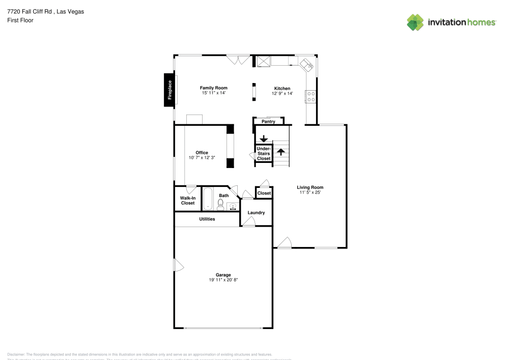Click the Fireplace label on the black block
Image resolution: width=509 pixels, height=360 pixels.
click(x=170, y=90)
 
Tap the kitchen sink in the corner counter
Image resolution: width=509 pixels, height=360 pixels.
click(x=307, y=64)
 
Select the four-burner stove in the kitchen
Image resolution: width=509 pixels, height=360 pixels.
click(x=311, y=96)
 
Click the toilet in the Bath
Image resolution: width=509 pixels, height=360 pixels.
click(x=220, y=204)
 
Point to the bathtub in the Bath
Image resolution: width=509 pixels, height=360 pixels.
click(x=208, y=199)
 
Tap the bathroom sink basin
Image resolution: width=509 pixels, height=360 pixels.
click(x=233, y=206)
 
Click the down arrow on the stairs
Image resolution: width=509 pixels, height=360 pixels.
click(x=264, y=138)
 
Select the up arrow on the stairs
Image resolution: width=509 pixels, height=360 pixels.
click(x=280, y=151)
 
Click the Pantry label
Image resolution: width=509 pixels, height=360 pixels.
click(x=268, y=122)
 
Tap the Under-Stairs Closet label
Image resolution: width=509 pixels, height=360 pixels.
click(x=264, y=153)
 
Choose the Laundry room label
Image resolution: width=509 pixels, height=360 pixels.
click(x=256, y=212)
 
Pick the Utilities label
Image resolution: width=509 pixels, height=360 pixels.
click(x=207, y=219)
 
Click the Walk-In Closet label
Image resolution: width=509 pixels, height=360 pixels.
click(x=188, y=201)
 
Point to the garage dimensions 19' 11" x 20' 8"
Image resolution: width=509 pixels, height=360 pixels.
click(x=223, y=280)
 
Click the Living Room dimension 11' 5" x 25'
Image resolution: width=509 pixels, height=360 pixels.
click(x=310, y=192)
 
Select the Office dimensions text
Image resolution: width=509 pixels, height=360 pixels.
click(x=202, y=158)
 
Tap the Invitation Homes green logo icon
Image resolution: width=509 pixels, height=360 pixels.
click(x=415, y=22)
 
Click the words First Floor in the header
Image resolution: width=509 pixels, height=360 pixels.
click(x=20, y=20)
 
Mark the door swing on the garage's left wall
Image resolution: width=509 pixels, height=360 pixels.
click(x=178, y=265)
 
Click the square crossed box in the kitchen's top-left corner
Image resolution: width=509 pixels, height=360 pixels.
click(x=263, y=62)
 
